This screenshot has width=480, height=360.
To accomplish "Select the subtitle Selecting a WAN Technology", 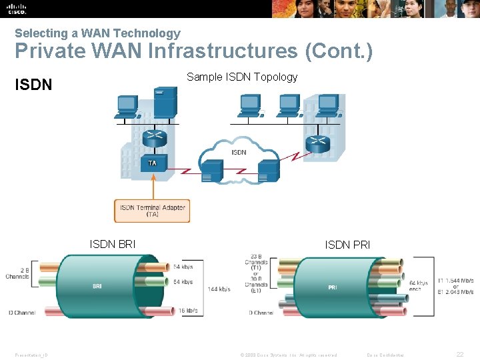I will click(97, 33).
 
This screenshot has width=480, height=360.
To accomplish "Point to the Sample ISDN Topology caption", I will click(242, 77).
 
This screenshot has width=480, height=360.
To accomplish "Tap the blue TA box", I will click(153, 163).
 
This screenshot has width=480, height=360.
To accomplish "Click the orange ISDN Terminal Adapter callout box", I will click(153, 211).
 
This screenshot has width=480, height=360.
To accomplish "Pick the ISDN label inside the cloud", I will click(239, 152).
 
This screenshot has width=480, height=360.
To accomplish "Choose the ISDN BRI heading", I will click(113, 245).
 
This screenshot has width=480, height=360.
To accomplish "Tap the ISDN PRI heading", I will click(347, 245).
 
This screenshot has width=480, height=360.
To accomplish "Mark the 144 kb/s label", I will click(219, 289).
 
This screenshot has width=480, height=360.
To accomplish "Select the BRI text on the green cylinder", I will click(97, 286).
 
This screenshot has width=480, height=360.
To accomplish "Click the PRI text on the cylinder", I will click(333, 287).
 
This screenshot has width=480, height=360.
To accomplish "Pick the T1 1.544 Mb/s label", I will click(456, 279).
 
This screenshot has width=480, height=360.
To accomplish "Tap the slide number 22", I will click(460, 355).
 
